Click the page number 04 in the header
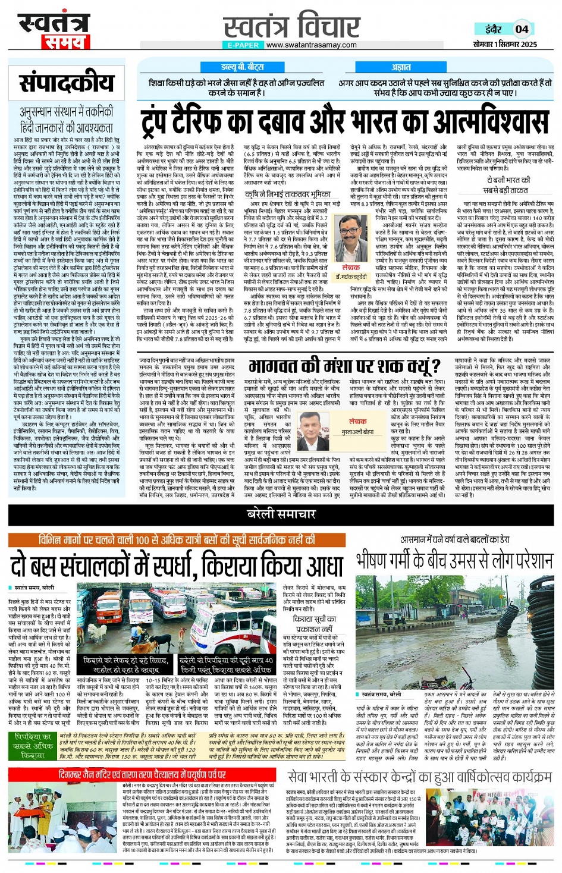point(522,29)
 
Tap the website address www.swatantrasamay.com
point(312,45)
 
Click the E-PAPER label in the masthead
point(243,45)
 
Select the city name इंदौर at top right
point(492,29)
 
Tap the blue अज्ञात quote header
point(401,68)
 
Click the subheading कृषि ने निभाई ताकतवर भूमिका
point(288,194)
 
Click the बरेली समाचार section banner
point(281,514)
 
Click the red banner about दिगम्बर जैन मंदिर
point(143,774)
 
